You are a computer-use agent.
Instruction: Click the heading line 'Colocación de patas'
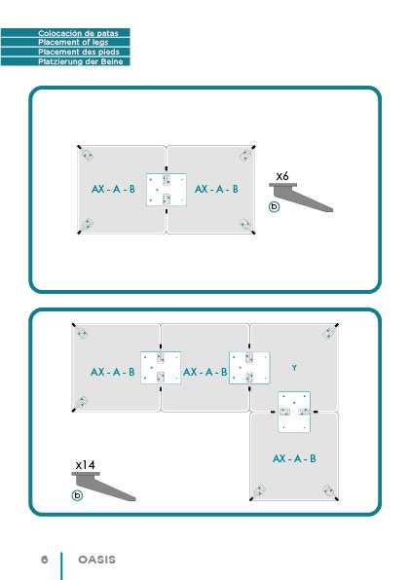tap(78, 33)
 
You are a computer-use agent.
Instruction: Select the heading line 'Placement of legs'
tap(73, 42)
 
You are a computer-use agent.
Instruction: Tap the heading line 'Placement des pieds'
tap(79, 52)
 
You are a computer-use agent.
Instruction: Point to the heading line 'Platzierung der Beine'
tap(81, 61)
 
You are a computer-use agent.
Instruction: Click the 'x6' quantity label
tap(282, 176)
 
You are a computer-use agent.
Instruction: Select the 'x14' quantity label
tap(85, 465)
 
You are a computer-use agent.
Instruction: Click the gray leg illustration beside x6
tap(301, 198)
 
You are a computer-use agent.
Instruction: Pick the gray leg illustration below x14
tap(103, 487)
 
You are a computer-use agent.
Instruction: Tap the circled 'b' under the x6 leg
tap(274, 206)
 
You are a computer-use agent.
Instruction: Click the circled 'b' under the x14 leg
tap(77, 495)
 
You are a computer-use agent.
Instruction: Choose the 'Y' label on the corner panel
tap(294, 368)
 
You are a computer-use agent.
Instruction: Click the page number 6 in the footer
tap(45, 560)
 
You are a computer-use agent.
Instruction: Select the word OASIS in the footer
tap(97, 560)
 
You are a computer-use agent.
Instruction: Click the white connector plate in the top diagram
tap(167, 190)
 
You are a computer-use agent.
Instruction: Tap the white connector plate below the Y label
tap(294, 412)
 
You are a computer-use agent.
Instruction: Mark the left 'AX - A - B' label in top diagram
tap(113, 189)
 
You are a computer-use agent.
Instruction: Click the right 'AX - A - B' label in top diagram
tap(216, 189)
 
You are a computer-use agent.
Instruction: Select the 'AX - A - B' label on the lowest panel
tap(294, 458)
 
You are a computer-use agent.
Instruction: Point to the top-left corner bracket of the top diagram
tap(86, 154)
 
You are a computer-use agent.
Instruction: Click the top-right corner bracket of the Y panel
tap(330, 332)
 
